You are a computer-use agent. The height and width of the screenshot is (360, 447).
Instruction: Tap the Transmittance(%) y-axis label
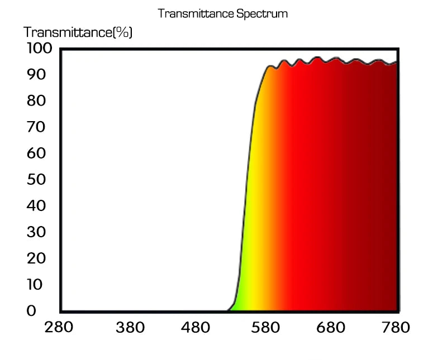[78, 32]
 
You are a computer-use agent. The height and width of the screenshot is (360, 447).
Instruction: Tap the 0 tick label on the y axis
[31, 311]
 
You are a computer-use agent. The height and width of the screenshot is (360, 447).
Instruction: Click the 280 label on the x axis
[59, 327]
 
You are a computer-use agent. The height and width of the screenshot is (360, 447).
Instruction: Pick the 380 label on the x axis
[130, 328]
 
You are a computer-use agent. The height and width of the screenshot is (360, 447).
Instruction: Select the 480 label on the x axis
[198, 328]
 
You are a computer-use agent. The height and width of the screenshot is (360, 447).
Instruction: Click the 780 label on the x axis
[395, 327]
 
